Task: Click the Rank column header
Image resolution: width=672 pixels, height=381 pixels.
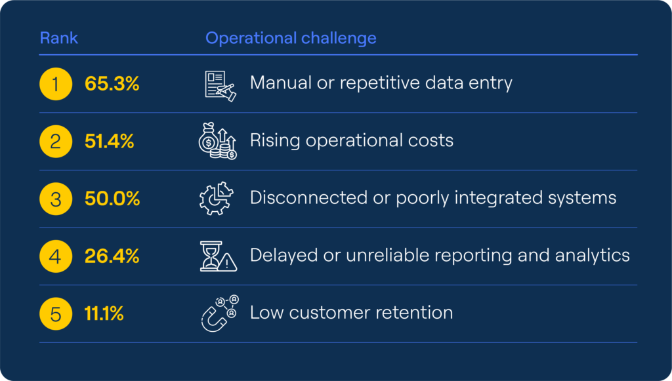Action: point(59,38)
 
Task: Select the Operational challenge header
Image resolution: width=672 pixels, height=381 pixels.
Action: point(291,38)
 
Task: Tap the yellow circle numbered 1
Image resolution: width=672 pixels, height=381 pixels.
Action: point(56,84)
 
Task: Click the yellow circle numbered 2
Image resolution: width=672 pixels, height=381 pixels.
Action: point(56,141)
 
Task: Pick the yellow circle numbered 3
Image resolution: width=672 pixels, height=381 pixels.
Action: point(56,199)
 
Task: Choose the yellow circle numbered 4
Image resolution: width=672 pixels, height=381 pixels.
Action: point(56,256)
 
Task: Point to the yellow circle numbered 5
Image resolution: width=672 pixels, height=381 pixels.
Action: point(56,313)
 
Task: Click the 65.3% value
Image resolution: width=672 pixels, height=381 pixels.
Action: point(112,84)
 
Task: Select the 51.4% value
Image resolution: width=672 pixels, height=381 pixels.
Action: point(109,141)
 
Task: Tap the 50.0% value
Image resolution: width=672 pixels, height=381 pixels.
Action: point(112,199)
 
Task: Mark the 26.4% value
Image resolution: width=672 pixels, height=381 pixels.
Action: point(112,256)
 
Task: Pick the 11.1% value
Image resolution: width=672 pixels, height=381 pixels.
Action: point(104,313)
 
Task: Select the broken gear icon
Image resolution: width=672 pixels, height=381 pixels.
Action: point(217,199)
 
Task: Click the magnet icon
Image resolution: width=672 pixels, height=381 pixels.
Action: point(219,313)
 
